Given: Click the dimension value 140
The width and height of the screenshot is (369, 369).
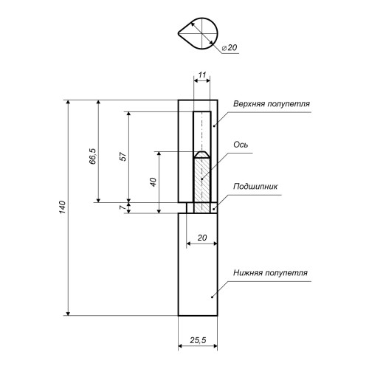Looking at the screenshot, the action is [x=63, y=207].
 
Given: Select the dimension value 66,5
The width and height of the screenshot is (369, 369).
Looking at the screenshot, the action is [x=93, y=156].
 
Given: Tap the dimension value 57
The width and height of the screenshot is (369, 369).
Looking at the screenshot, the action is [x=123, y=156].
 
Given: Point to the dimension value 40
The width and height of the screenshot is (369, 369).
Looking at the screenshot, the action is [x=153, y=182].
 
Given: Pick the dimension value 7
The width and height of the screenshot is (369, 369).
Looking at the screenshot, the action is [x=123, y=207].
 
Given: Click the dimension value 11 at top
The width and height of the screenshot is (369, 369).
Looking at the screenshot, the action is [x=201, y=75].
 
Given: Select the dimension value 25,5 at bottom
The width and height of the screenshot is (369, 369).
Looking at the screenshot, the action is [x=198, y=340].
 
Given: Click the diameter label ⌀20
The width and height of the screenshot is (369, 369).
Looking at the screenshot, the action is [x=230, y=47].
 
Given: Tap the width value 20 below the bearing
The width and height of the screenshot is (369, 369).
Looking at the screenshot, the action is [x=202, y=238].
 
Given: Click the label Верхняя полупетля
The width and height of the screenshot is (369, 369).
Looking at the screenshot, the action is [x=272, y=103].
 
